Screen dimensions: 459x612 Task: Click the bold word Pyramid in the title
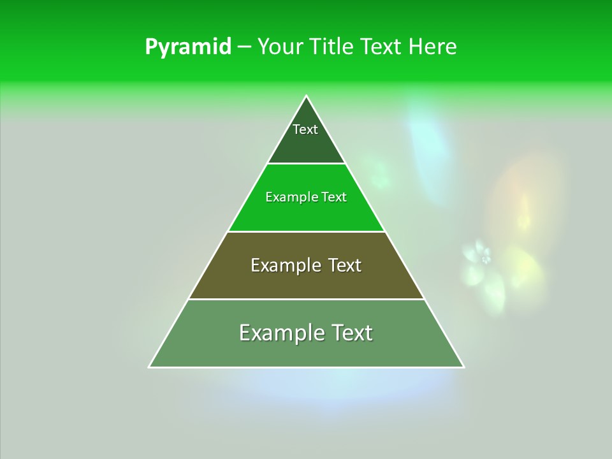187,47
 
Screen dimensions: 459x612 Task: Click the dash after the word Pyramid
244,47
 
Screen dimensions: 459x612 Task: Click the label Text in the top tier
305,129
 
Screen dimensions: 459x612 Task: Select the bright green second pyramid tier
306,214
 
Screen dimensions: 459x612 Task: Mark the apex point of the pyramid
306,96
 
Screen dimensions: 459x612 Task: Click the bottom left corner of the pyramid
150,367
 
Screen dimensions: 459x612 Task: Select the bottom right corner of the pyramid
463,367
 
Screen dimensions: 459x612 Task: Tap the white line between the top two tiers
306,163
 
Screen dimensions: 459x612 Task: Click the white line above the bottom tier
306,299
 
